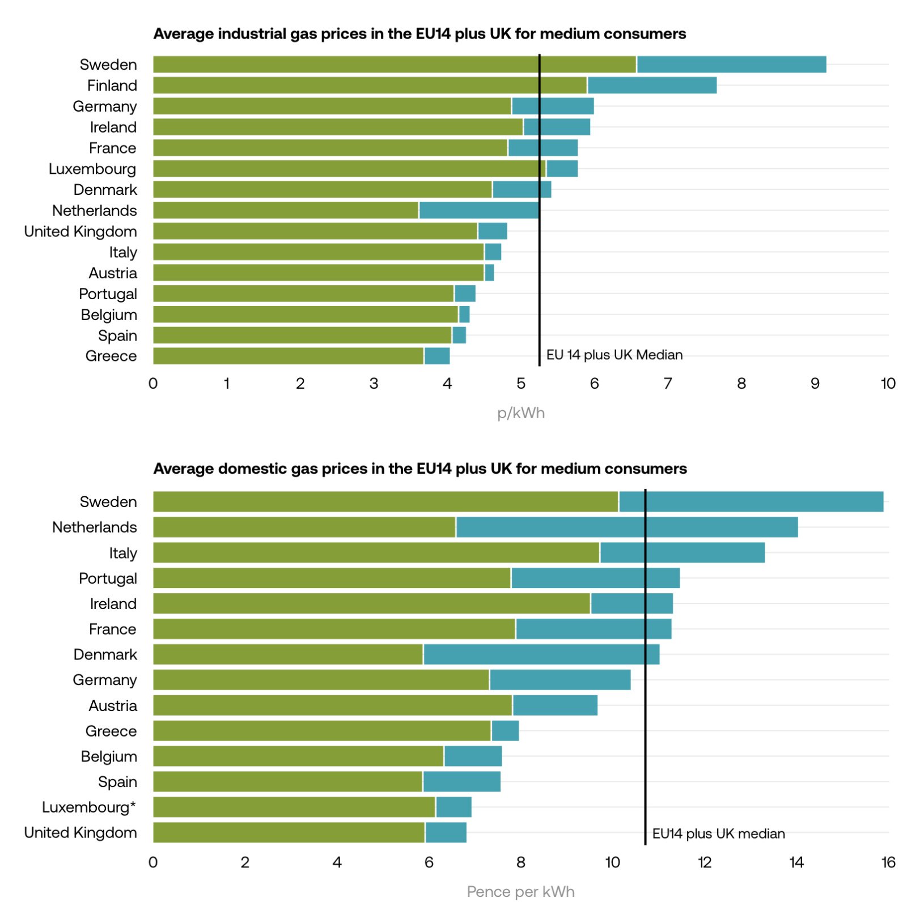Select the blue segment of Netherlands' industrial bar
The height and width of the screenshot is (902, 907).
[478, 210]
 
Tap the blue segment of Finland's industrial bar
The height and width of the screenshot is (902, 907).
[651, 86]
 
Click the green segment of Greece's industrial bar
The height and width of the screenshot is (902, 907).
[288, 356]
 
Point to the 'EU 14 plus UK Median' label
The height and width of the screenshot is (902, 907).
[614, 355]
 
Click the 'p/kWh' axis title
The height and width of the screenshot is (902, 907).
[520, 413]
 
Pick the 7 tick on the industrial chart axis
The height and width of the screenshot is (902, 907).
[668, 384]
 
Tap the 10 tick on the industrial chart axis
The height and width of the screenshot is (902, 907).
[887, 384]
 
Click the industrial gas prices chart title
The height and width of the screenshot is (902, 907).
[419, 34]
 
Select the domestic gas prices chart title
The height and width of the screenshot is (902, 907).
[419, 469]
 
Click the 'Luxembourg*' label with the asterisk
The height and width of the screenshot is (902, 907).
[89, 807]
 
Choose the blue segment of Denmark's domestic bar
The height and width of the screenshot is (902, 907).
[541, 654]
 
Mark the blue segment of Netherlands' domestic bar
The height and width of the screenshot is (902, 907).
[626, 527]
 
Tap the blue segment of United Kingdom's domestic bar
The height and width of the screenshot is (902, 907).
[446, 832]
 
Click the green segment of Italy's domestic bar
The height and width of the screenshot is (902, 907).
[376, 552]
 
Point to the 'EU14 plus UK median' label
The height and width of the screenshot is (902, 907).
[718, 833]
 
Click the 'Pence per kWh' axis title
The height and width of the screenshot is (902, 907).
[520, 891]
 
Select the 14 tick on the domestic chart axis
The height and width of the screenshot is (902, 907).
[796, 862]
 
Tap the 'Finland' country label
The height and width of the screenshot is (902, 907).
[112, 86]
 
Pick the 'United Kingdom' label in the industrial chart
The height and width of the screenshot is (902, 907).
[80, 231]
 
